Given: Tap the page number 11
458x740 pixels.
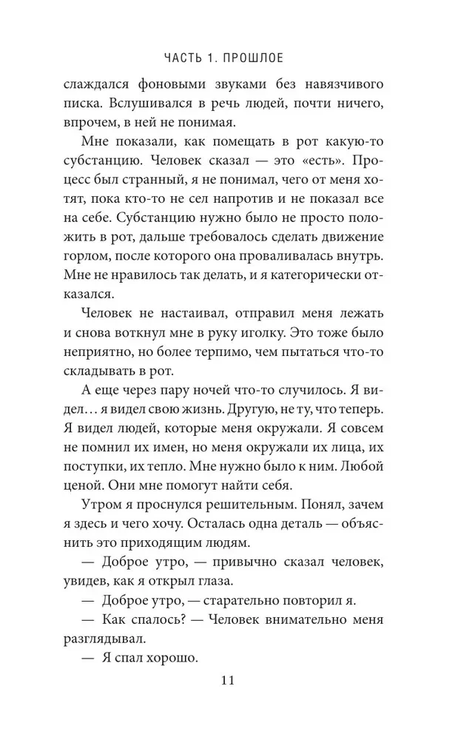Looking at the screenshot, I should click(x=229, y=680).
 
